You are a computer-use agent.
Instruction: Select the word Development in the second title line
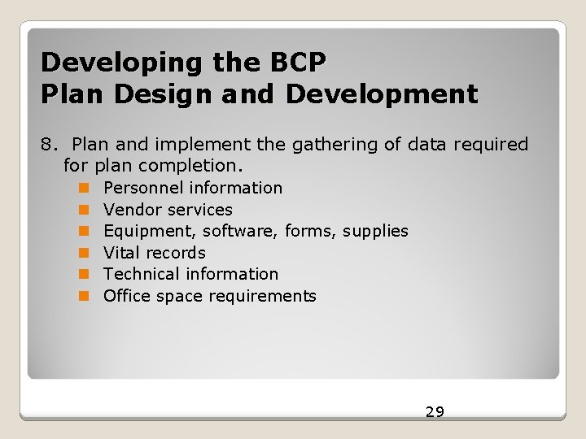382,94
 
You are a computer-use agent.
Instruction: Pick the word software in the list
241,232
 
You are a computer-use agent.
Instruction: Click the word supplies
375,232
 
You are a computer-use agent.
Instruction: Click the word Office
125,296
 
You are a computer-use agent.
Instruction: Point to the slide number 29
435,412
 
